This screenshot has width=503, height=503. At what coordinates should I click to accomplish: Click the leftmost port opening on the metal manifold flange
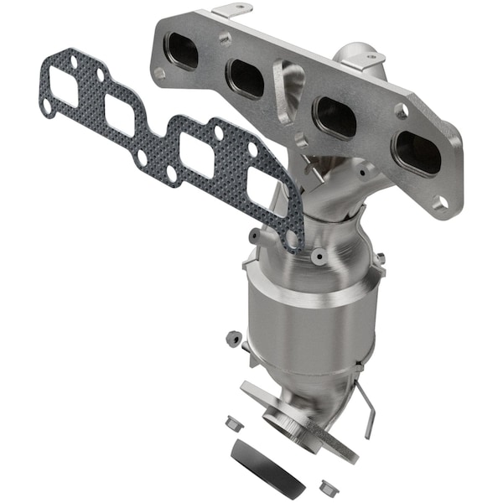pos(184,53)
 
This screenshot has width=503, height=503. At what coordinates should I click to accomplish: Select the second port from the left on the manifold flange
pos(246,79)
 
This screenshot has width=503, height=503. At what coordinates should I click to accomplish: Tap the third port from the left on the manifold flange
pos(336,117)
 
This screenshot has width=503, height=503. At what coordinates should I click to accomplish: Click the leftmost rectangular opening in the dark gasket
pos(64,86)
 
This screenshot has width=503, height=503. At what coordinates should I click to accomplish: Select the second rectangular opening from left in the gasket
pos(120,115)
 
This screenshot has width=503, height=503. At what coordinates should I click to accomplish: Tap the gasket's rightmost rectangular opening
pos(263,190)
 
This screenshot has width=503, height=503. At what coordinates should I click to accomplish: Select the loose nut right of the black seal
pos(326,485)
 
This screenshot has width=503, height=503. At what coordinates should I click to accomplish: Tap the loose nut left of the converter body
pos(232,340)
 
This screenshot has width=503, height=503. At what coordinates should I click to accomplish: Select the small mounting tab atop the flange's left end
pos(231,11)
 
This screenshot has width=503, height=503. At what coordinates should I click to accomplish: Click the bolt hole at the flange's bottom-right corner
pos(441,201)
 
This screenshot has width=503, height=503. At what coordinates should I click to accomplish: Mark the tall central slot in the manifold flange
pos(288,92)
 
